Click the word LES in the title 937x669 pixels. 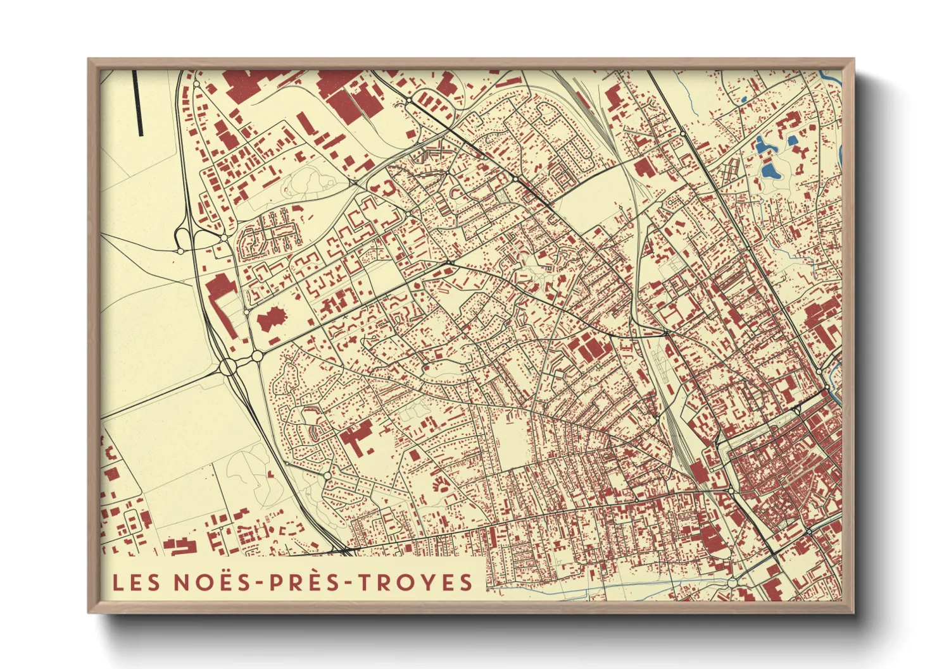pos(136,582)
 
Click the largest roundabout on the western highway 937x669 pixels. pos(229,366)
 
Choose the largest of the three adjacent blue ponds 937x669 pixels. pos(769,169)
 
